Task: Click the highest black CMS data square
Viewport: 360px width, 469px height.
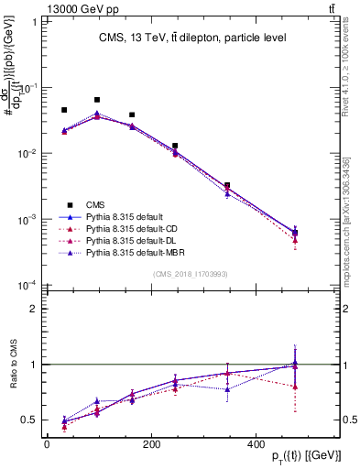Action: point(97,100)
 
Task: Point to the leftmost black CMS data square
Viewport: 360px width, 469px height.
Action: point(64,110)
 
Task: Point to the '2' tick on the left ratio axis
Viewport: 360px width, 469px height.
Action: point(32,309)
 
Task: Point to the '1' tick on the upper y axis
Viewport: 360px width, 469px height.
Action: point(32,22)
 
